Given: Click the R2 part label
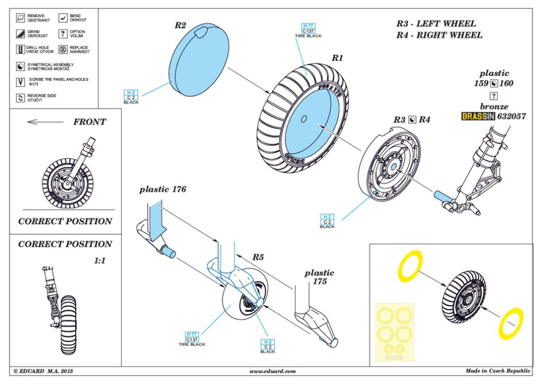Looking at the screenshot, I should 180,25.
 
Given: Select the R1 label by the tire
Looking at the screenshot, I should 337,58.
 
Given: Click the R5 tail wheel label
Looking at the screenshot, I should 258,257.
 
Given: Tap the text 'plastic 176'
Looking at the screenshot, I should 163,190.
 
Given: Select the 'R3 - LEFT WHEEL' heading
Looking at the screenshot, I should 436,24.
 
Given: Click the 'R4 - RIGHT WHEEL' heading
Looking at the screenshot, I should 439,35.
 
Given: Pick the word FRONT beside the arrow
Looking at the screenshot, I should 89,122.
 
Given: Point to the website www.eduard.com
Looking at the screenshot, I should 272,372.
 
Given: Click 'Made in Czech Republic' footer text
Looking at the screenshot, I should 498,372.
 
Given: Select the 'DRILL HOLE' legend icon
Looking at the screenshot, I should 20,50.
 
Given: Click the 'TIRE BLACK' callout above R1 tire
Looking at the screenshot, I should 308,35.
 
